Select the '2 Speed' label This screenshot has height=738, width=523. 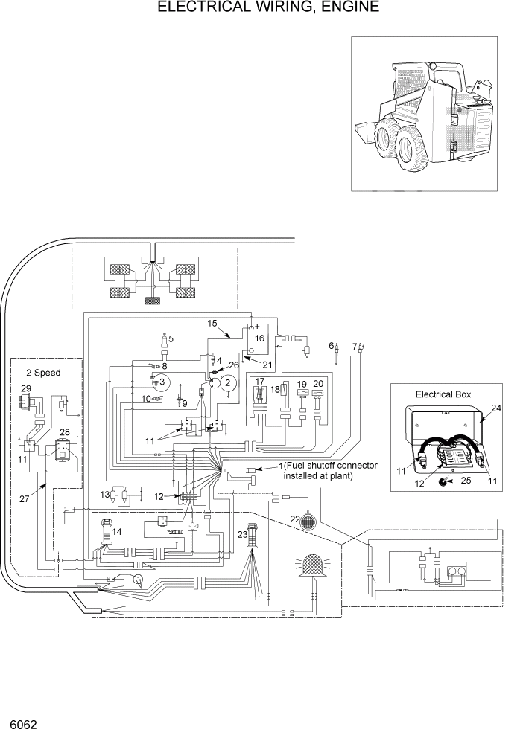coord(43,373)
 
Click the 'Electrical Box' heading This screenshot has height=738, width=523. coord(443,394)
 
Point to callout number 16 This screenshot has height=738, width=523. coord(259,338)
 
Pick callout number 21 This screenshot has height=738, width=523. coord(267,364)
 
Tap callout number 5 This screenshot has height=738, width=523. coord(171,338)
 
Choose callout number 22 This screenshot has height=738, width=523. coord(295,519)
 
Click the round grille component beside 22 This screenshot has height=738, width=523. coord(308,523)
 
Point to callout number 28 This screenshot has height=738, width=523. coord(65,433)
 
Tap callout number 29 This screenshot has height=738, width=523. coord(26,389)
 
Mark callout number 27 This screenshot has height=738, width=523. coord(24,500)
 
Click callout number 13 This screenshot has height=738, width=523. coord(105,494)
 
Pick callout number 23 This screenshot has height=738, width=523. coord(241,533)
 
